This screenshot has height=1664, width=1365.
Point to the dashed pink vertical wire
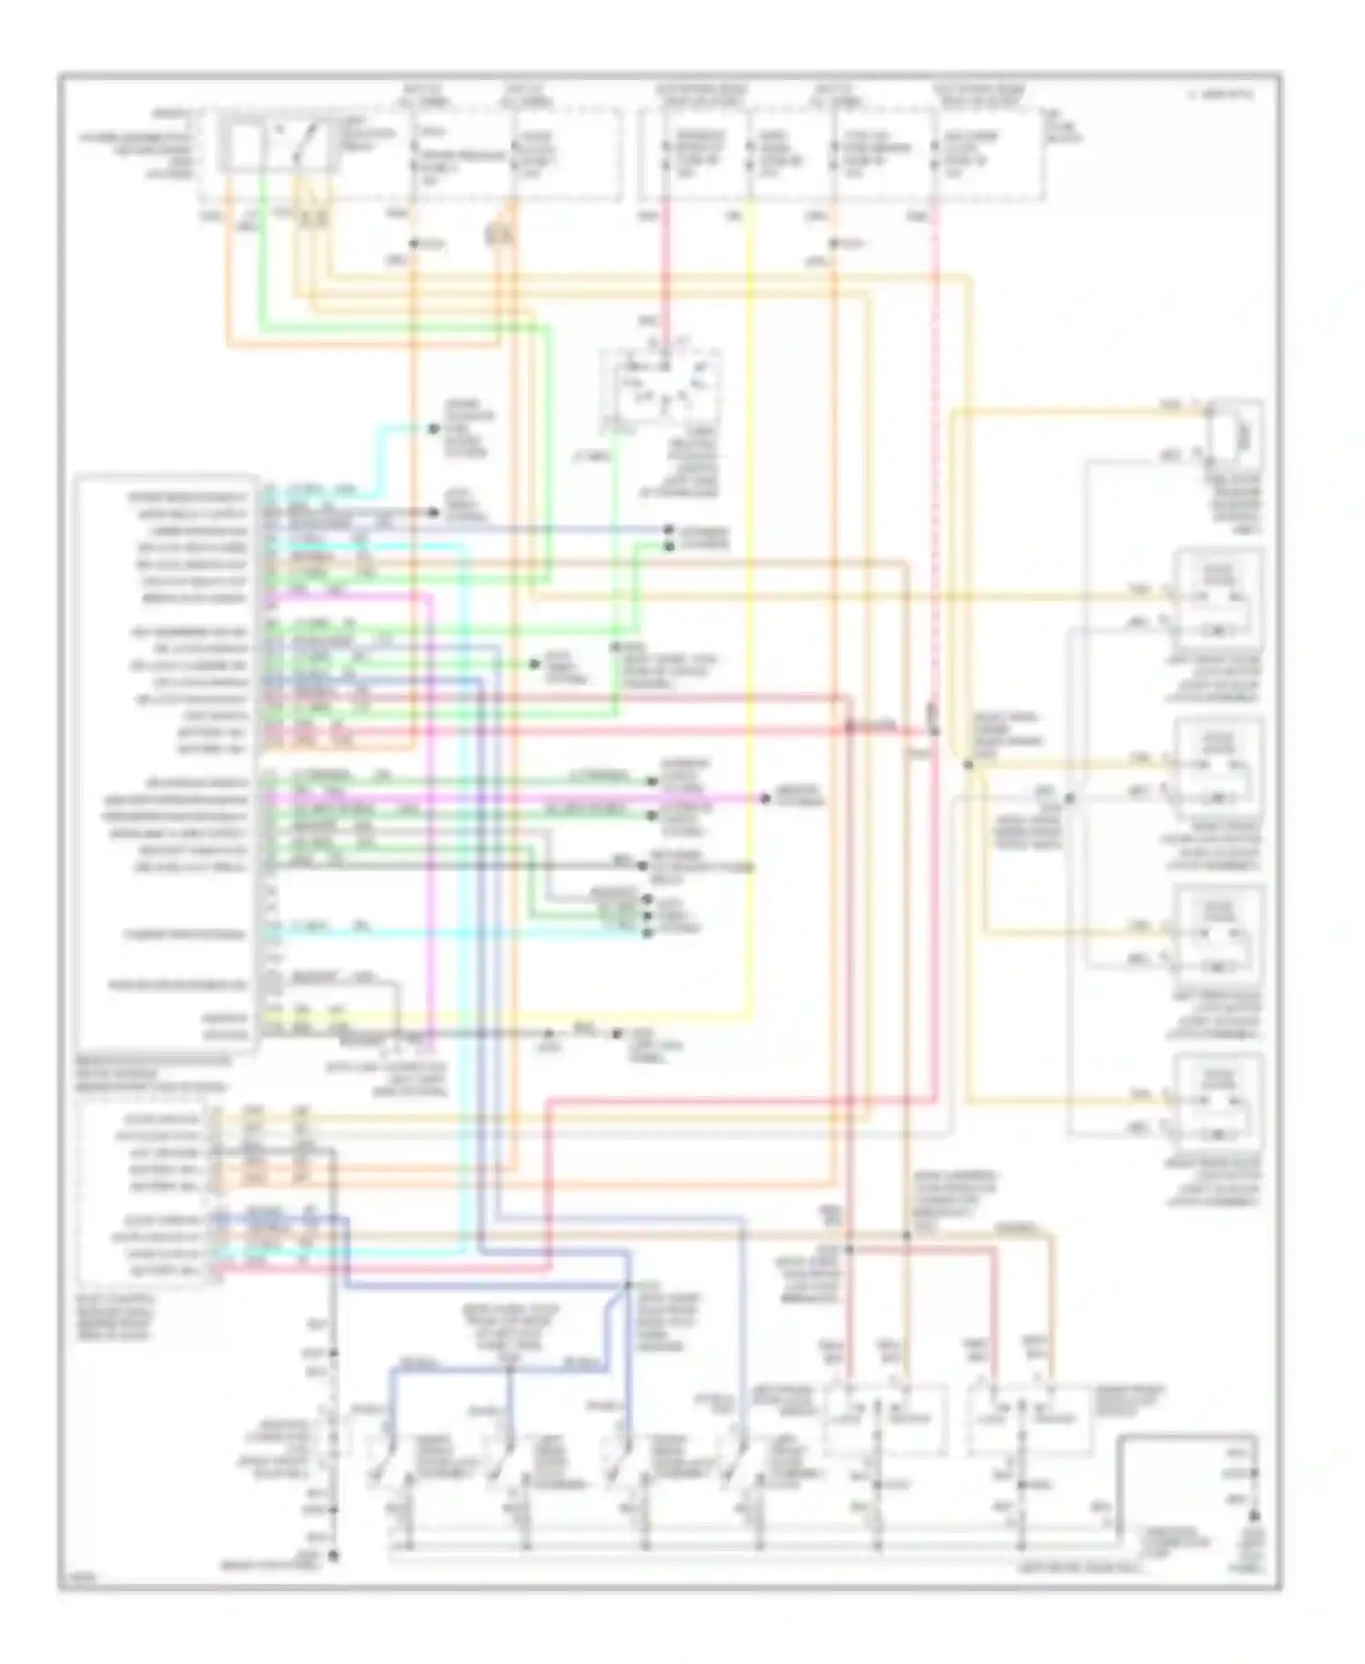tap(935, 455)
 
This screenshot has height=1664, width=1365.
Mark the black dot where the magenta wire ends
tap(766, 798)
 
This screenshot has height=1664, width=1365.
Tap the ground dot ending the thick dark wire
tap(1255, 1516)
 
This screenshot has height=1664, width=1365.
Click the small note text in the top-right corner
tap(1219, 94)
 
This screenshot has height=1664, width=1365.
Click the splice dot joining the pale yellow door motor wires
tap(967, 766)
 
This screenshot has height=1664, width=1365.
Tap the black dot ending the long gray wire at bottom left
tap(333, 1556)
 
